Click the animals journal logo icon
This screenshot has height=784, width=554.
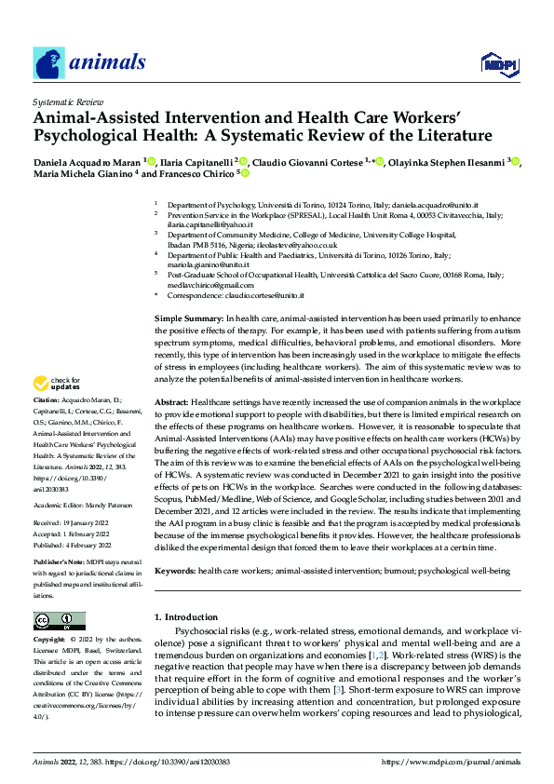point(50,63)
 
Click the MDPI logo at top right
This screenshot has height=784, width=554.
point(498,62)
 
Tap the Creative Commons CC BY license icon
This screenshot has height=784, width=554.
point(59,620)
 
